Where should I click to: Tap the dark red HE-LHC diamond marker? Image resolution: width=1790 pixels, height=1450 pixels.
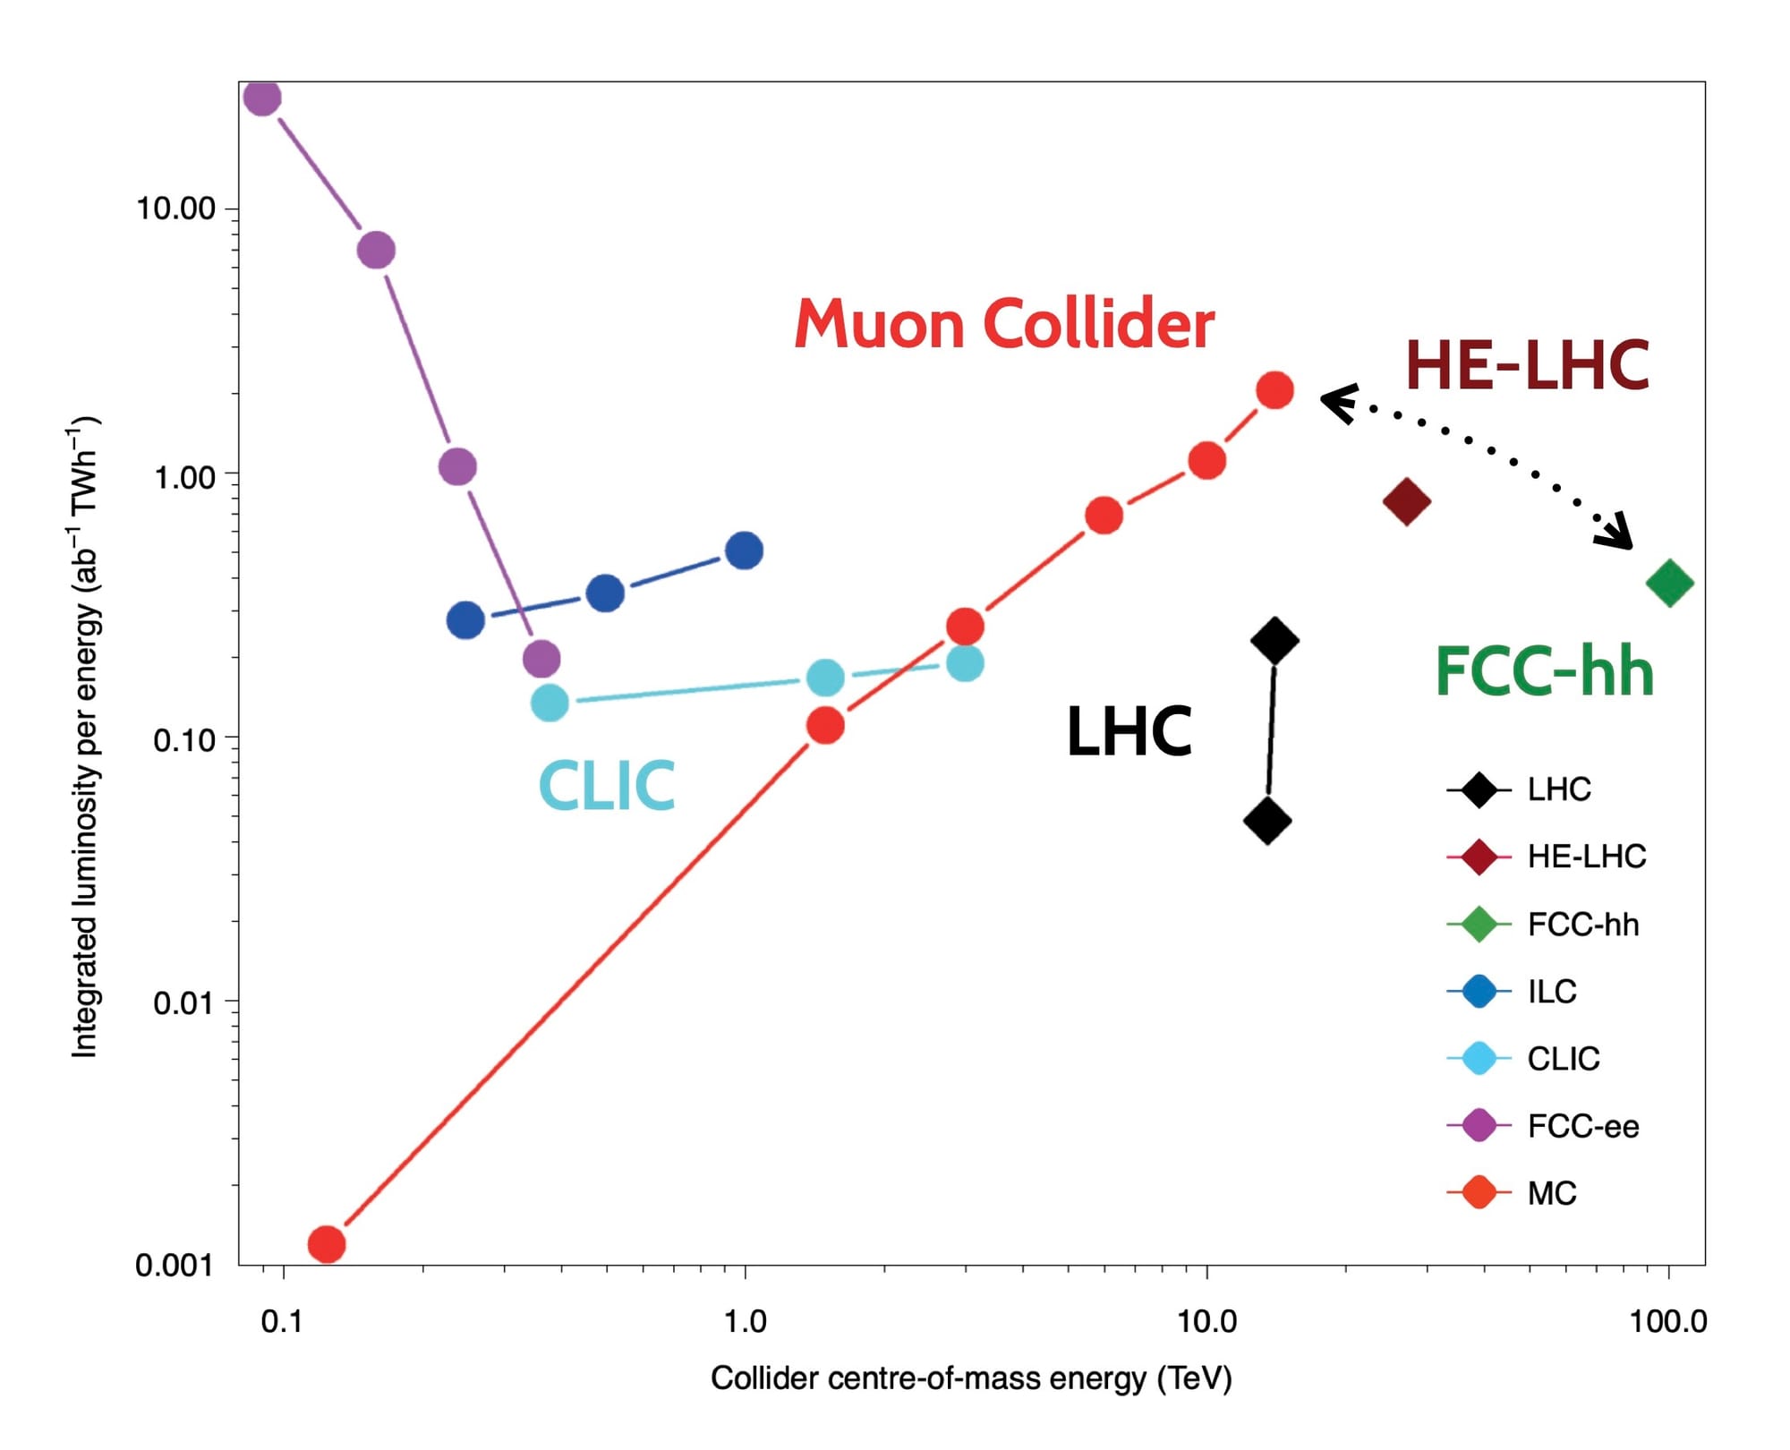tap(1406, 501)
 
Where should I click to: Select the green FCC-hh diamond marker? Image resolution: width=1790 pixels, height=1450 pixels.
tap(1669, 584)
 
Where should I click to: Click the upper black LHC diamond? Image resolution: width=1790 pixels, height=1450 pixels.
tap(1274, 641)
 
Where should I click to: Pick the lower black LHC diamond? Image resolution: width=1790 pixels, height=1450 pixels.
tap(1267, 821)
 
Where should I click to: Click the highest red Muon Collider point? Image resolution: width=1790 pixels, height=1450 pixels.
tap(1274, 390)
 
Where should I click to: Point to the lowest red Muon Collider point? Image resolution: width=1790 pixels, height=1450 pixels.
tap(327, 1243)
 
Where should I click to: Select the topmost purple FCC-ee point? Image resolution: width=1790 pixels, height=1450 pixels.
tap(262, 98)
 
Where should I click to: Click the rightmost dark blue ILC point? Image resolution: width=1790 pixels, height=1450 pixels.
tap(744, 550)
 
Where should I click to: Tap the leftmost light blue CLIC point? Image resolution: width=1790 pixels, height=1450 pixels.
tap(550, 703)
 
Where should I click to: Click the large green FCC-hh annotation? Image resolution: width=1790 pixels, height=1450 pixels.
tap(1544, 672)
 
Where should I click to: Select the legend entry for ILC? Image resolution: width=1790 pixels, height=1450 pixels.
tap(1551, 992)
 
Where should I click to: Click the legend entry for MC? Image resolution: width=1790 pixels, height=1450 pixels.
tap(1551, 1193)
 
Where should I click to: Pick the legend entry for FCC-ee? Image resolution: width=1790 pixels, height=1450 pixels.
tap(1582, 1126)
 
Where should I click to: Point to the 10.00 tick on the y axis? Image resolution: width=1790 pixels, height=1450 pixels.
tap(176, 209)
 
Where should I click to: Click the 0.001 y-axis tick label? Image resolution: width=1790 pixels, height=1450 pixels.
tap(174, 1265)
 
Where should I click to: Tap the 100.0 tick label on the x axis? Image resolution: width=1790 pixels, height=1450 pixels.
tap(1667, 1321)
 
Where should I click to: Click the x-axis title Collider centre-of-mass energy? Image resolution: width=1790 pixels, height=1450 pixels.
tap(971, 1378)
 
